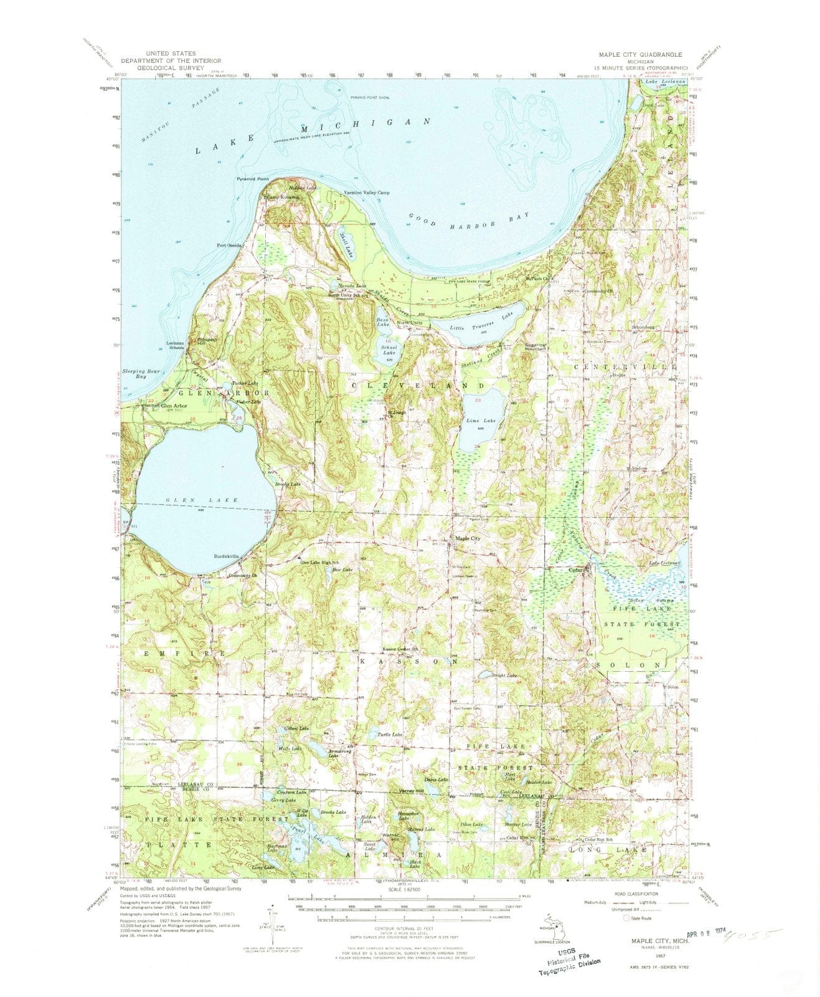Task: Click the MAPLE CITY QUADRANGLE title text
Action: pos(639,54)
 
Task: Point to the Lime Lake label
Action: pos(481,421)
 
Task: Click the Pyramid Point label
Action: pos(252,179)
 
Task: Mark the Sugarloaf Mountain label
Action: pos(535,346)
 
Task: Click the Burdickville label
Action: pos(225,556)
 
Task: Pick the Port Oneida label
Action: pos(229,245)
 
